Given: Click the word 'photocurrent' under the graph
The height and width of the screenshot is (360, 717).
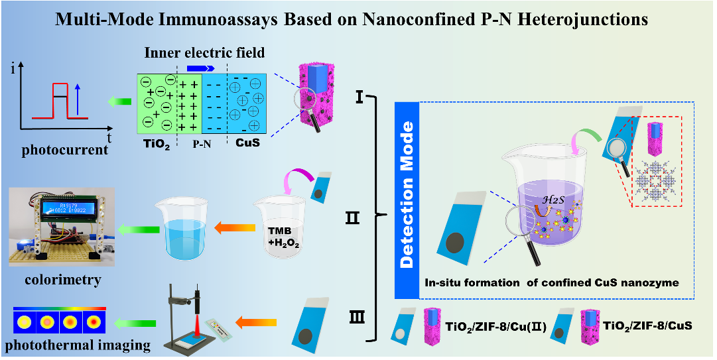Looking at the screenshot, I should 64,150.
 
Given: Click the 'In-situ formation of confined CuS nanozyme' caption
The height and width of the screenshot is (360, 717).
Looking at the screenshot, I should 552,283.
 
